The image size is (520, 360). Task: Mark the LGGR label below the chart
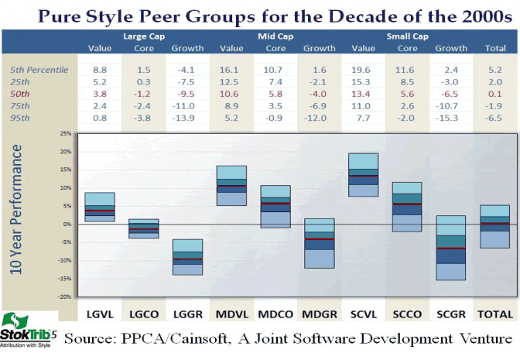[187, 314]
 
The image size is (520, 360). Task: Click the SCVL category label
[363, 314]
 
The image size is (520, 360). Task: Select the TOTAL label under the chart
[496, 314]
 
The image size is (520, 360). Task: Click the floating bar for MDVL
[231, 186]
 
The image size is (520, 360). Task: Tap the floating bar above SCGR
[451, 248]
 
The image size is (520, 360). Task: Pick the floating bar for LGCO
[143, 228]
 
